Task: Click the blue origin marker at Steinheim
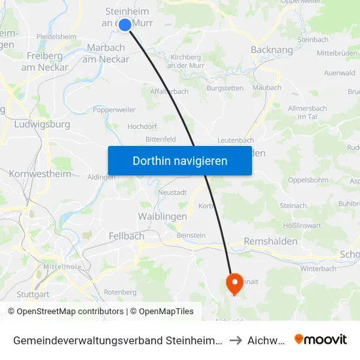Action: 125,24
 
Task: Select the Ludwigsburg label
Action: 41,124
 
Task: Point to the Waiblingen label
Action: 162,216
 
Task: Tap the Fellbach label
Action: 122,236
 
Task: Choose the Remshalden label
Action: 270,242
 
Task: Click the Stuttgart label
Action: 33,294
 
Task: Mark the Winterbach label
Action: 318,268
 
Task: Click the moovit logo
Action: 320,339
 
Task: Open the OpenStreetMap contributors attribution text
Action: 67,312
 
